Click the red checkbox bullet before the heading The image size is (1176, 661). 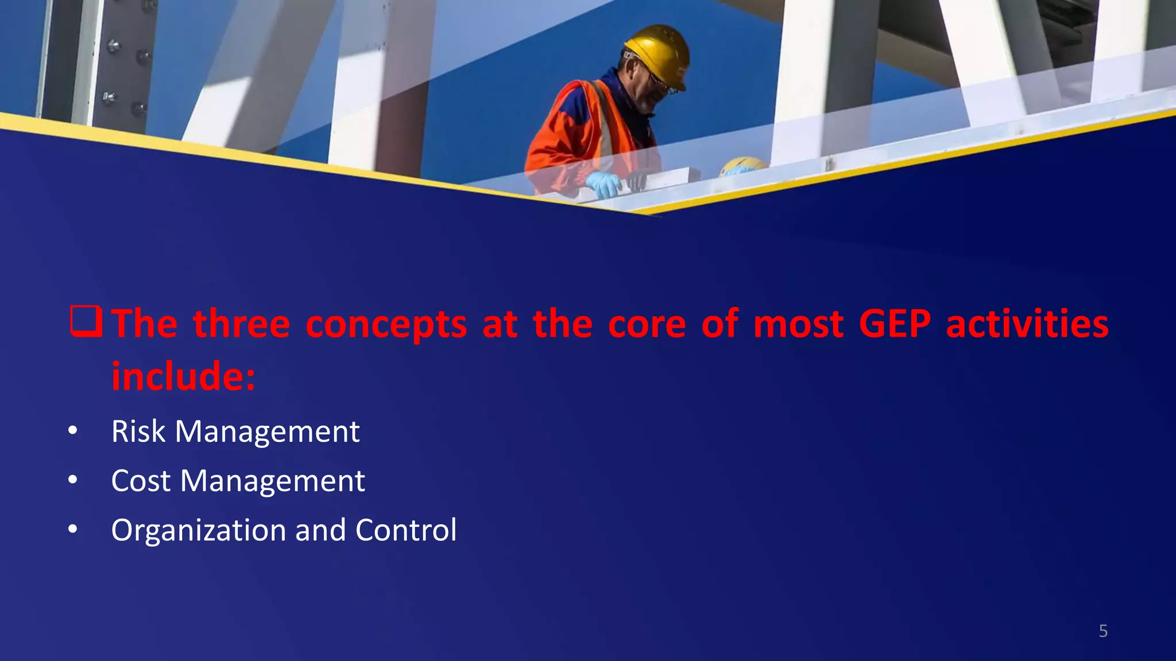[x=86, y=321]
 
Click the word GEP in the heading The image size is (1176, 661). [x=894, y=324]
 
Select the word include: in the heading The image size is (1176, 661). [x=183, y=376]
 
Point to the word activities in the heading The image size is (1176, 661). [x=1027, y=324]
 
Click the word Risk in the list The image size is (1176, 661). [x=138, y=431]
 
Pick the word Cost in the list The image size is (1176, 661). [x=141, y=481]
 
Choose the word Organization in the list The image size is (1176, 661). [x=198, y=531]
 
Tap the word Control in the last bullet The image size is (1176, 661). [x=405, y=530]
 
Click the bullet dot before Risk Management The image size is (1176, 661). [x=72, y=431]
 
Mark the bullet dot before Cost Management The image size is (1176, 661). [x=72, y=480]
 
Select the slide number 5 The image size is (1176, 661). [x=1102, y=631]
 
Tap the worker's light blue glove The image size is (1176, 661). [x=603, y=184]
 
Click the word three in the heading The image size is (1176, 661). [x=241, y=324]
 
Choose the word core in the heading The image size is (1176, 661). [x=647, y=324]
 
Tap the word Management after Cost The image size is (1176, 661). [x=272, y=481]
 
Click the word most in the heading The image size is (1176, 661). [x=798, y=324]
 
